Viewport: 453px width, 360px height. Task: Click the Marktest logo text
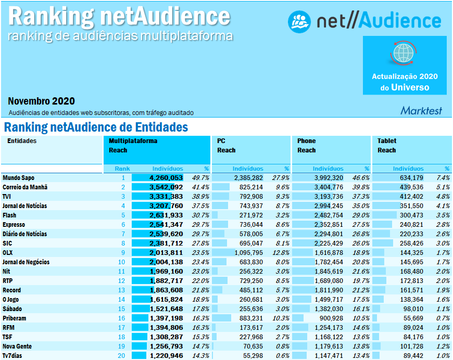pyautogui.click(x=421, y=110)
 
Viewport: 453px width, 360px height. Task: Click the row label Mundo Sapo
pyautogui.click(x=18, y=178)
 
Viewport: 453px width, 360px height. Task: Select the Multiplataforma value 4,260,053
pyautogui.click(x=166, y=178)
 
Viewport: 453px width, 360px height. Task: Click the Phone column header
pyautogui.click(x=307, y=141)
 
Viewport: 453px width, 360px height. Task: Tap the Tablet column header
pyautogui.click(x=387, y=141)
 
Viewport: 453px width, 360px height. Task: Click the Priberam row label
pyautogui.click(x=14, y=318)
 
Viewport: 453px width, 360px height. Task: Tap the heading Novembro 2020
pyautogui.click(x=42, y=101)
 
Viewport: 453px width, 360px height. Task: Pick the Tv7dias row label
pyautogui.click(x=13, y=356)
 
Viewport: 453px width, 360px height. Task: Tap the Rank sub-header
pyautogui.click(x=122, y=169)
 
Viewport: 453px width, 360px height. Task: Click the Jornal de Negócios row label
pyautogui.click(x=26, y=262)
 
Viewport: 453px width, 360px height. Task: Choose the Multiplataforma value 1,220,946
pyautogui.click(x=166, y=356)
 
